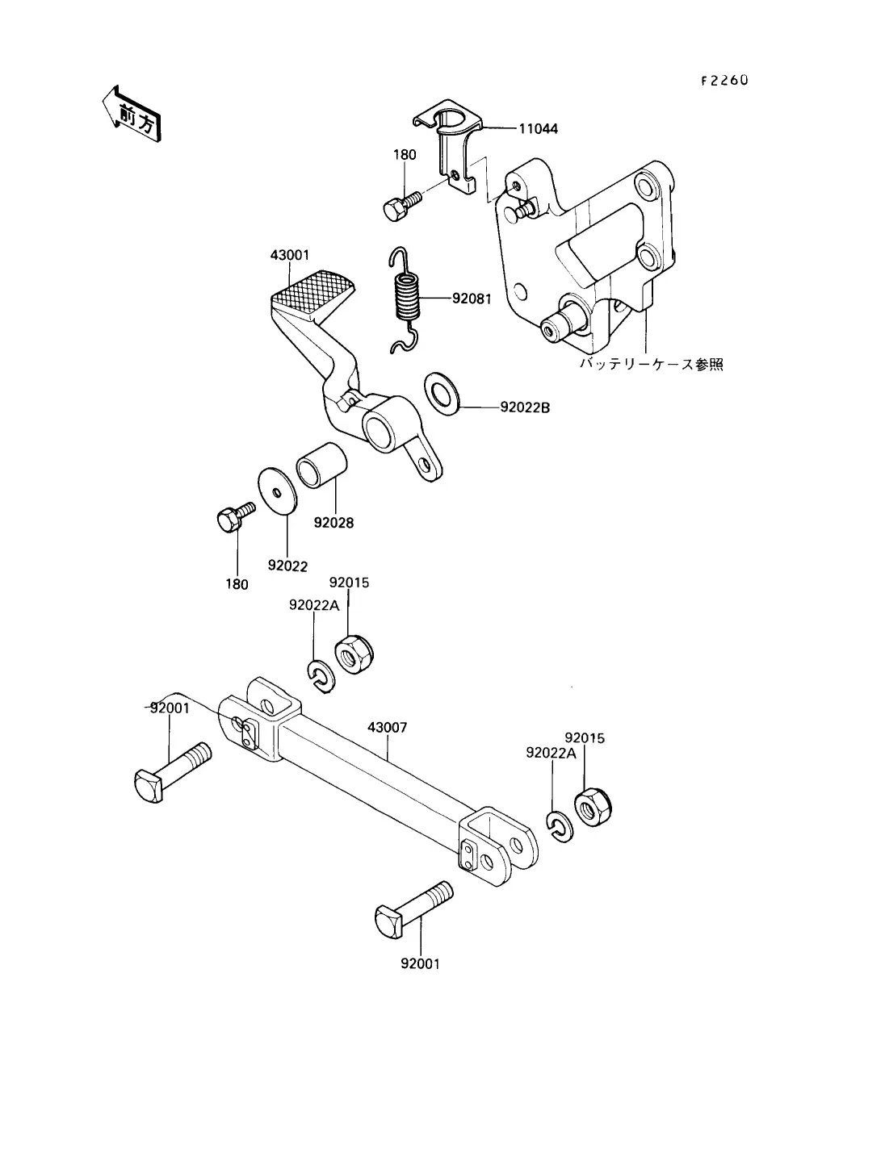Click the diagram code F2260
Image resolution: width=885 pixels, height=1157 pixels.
(724, 80)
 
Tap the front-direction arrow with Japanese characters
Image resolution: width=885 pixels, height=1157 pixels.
(132, 115)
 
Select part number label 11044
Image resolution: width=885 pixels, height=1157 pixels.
(538, 129)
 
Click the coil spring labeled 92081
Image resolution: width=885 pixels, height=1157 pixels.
(405, 299)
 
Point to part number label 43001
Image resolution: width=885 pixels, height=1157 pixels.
(290, 255)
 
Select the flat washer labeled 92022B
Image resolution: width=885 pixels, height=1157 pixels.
(442, 394)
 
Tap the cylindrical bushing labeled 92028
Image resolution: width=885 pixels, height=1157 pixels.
(321, 465)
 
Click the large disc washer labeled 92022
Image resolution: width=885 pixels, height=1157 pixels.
(278, 491)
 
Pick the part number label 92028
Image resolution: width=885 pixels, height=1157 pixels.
(333, 522)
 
